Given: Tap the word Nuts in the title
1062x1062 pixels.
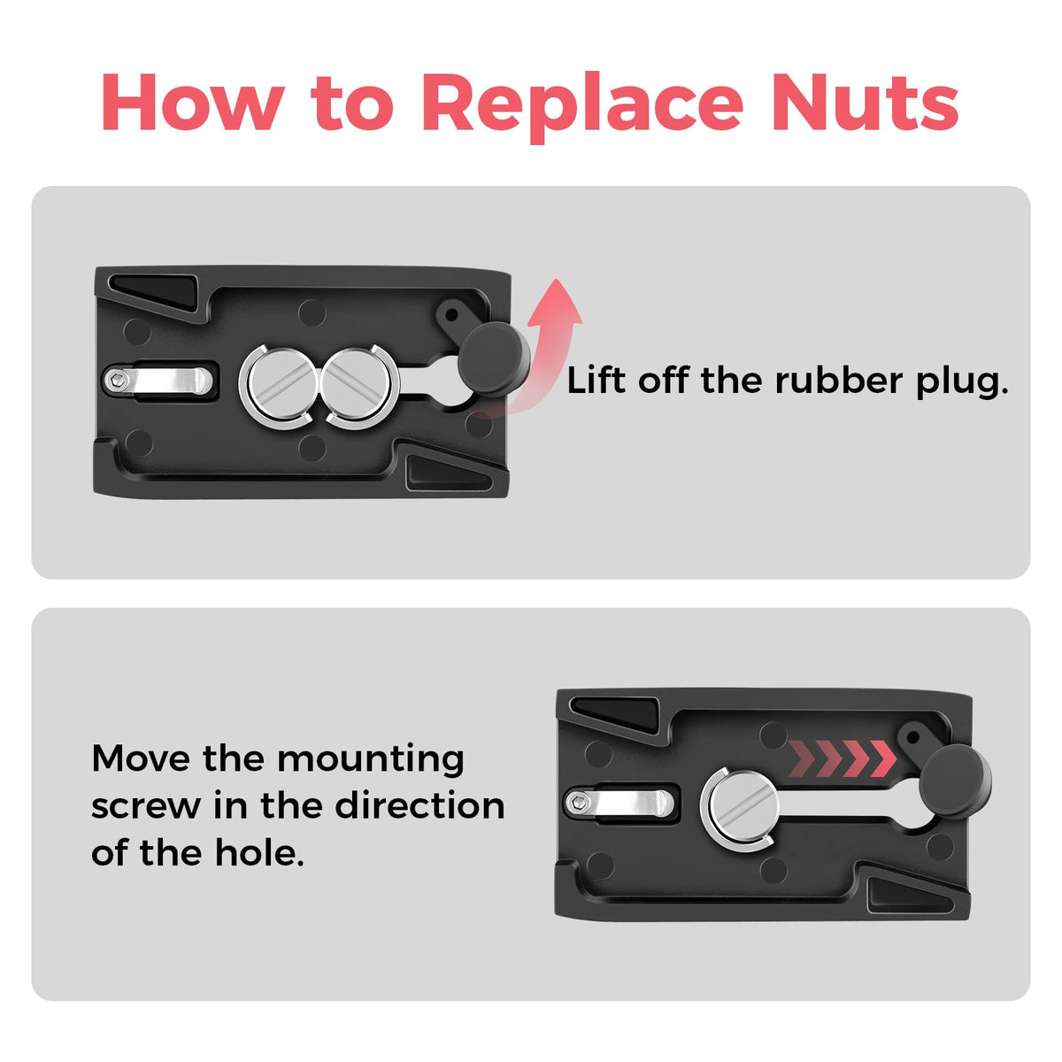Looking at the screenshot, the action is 866,102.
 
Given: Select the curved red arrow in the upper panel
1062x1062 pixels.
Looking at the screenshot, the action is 546,353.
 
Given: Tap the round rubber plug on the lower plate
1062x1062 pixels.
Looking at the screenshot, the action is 955,781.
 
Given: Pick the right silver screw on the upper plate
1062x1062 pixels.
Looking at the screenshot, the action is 359,385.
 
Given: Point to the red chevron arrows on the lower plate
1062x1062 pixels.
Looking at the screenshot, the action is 842,758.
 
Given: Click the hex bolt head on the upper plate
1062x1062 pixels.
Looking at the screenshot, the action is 117,381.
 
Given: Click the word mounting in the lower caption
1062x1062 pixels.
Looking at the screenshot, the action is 370,761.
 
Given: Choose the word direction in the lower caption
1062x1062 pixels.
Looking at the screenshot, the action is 420,805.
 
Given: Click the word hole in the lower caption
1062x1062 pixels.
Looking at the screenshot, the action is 259,852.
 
